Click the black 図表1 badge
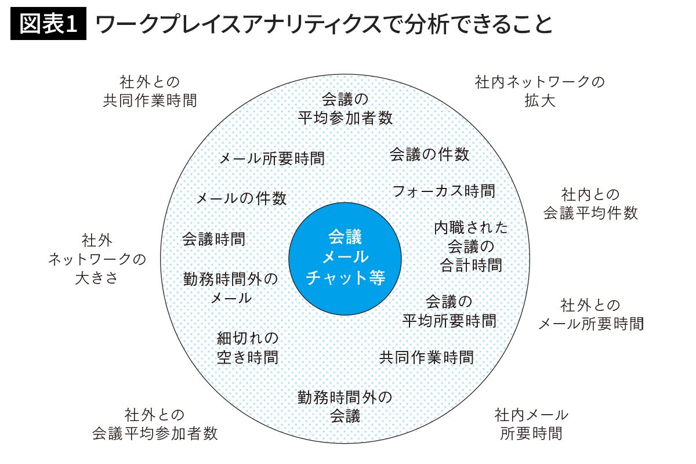(49, 24)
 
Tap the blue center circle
(345, 258)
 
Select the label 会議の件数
(429, 154)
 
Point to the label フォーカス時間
(444, 190)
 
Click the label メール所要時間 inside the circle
(271, 158)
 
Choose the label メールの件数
(241, 198)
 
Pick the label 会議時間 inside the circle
(213, 239)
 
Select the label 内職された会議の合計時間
(470, 246)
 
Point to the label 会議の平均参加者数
(345, 108)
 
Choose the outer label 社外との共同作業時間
(150, 91)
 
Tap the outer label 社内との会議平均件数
(590, 203)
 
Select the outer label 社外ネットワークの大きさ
(97, 259)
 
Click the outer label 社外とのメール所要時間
(590, 314)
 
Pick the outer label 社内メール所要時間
(531, 424)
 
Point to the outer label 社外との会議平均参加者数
(155, 424)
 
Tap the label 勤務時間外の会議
(345, 407)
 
